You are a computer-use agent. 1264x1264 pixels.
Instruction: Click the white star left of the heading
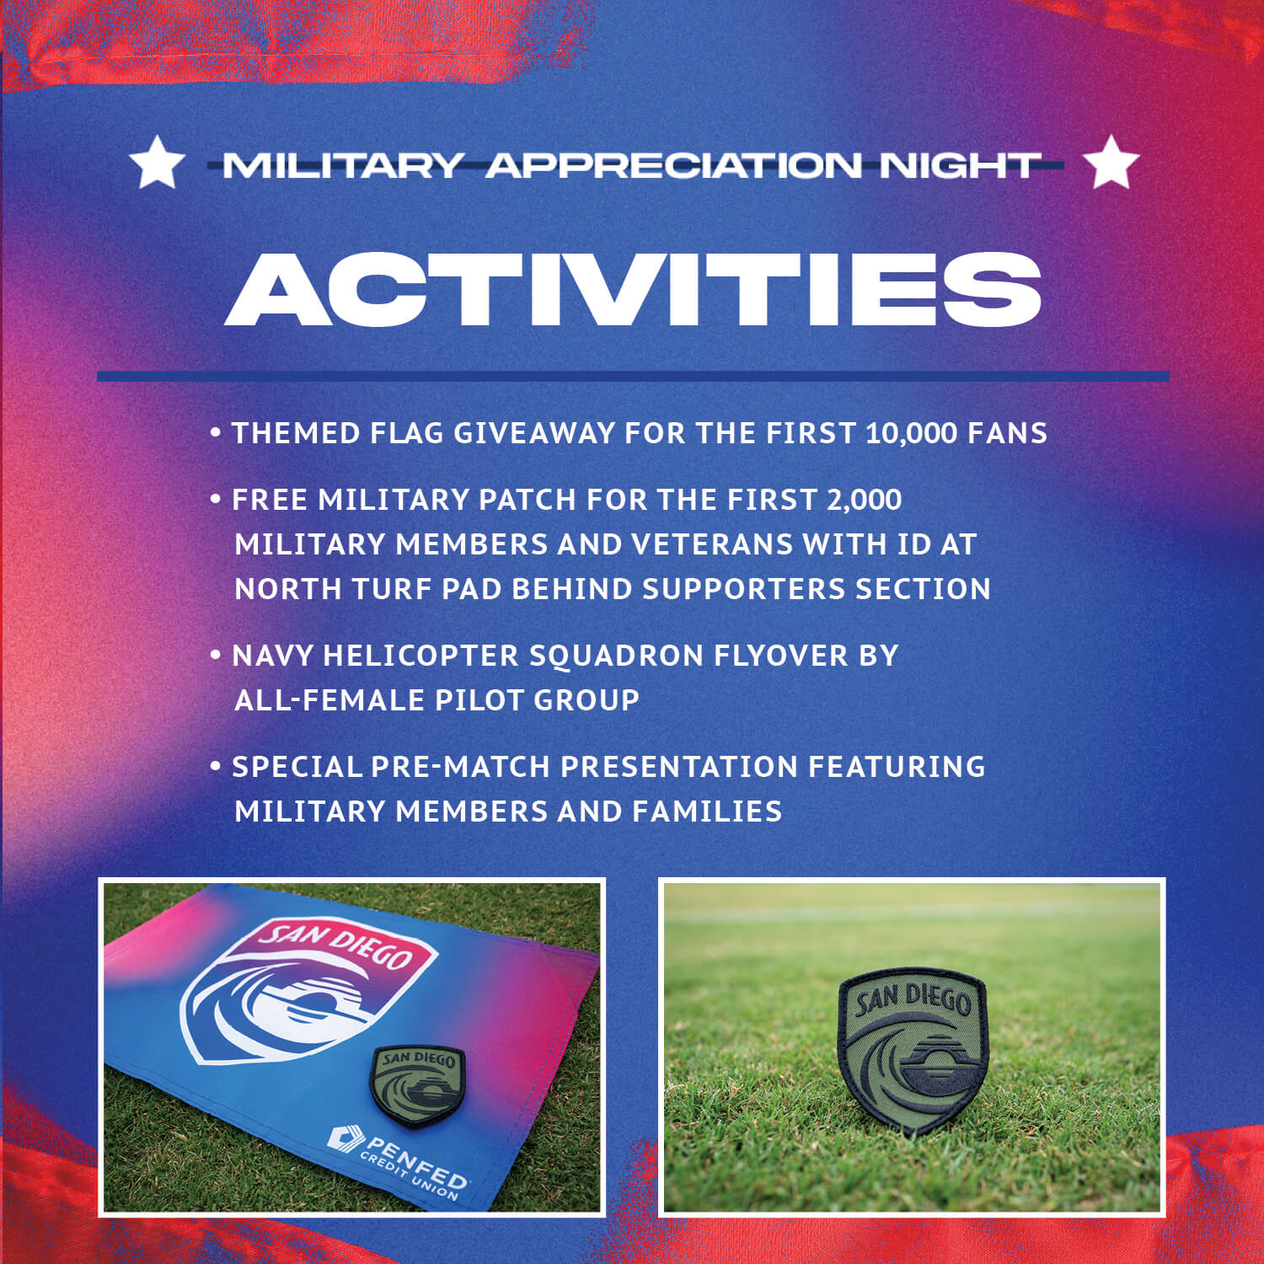[157, 163]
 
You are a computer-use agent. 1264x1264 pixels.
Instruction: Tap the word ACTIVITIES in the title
[633, 288]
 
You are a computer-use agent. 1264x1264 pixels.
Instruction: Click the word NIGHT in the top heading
[958, 165]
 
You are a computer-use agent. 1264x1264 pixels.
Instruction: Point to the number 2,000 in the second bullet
[864, 500]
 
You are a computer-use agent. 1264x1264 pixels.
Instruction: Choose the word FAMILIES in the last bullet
[707, 811]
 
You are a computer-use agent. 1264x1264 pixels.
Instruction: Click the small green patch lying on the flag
[418, 1085]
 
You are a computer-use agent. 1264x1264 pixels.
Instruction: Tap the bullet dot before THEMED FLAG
[216, 433]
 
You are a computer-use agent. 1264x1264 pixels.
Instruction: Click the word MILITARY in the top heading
[343, 165]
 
